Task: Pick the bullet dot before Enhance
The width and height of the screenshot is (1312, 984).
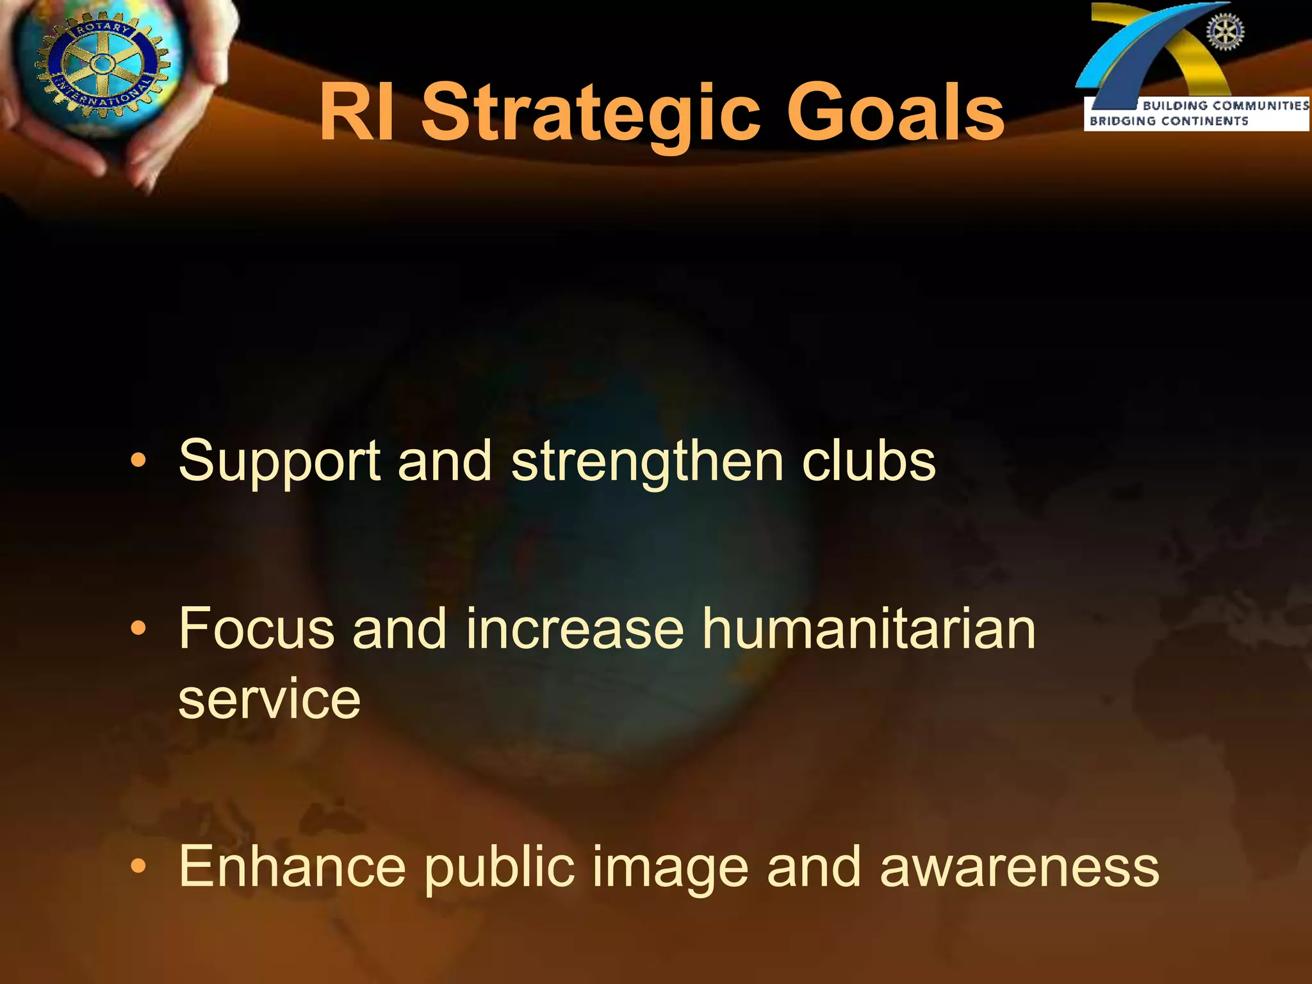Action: click(x=138, y=866)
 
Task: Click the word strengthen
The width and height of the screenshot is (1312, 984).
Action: click(x=647, y=461)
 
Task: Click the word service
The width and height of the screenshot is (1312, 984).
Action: click(x=269, y=700)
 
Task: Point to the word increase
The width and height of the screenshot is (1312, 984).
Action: click(x=575, y=629)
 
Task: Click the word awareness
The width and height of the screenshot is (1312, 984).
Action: click(x=1019, y=867)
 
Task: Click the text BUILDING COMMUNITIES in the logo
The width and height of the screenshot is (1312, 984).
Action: click(x=1226, y=106)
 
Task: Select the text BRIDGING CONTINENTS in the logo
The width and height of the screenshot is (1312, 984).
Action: click(x=1168, y=121)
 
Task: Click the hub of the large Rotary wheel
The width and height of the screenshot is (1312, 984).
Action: click(x=101, y=64)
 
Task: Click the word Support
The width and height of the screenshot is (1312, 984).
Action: click(x=279, y=463)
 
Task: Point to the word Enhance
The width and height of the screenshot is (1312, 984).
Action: click(x=292, y=867)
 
